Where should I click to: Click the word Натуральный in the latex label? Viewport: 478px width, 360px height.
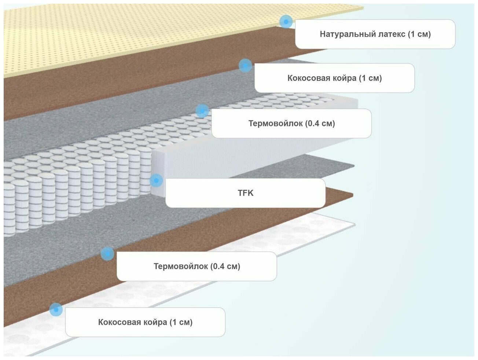[343, 34]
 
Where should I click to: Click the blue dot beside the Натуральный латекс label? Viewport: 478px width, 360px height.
[286, 22]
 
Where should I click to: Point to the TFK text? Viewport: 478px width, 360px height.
[245, 193]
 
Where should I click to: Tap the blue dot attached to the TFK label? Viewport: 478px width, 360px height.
[156, 181]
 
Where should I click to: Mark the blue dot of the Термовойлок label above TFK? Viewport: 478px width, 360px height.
[202, 111]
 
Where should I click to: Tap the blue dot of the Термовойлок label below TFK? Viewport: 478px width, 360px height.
[107, 253]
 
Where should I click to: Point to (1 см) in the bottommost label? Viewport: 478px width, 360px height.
[181, 322]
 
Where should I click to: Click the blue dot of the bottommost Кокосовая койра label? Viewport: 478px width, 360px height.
[56, 309]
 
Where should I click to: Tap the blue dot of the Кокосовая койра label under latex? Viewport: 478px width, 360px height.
[245, 66]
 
